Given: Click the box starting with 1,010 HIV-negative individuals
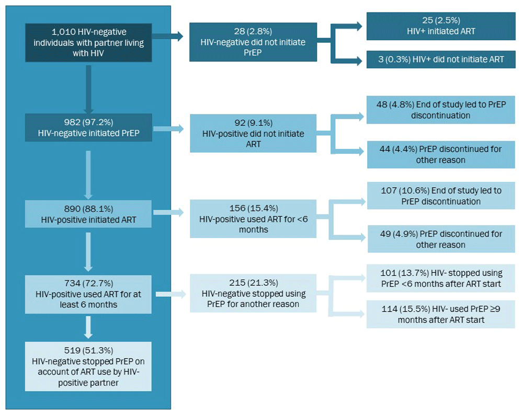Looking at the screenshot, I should (88, 42).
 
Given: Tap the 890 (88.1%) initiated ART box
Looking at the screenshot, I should (88, 214).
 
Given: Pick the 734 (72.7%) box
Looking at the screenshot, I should (88, 294).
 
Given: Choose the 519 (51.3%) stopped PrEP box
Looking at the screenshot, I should (88, 366).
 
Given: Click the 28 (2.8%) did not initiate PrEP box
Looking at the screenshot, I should (253, 42).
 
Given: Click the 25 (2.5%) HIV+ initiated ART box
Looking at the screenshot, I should (440, 26).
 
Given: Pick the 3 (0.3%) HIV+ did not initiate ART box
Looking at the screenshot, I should (440, 59).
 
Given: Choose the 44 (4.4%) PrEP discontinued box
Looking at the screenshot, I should (440, 154).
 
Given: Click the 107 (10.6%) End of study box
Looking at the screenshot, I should (440, 195).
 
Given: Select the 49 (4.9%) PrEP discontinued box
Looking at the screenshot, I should (440, 239).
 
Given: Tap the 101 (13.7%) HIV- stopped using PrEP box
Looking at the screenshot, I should (440, 278).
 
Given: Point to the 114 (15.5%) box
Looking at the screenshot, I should (440, 314).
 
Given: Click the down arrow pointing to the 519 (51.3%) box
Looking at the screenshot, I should (88, 328).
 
